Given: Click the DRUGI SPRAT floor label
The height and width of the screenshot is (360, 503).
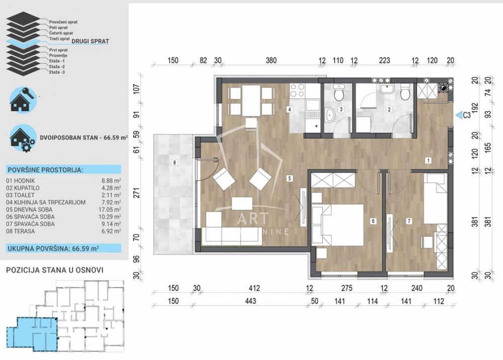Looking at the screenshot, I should (90, 41).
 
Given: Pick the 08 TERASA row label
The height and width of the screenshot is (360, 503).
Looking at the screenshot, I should (23, 231).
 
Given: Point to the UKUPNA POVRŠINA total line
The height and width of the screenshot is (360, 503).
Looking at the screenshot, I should (53, 248).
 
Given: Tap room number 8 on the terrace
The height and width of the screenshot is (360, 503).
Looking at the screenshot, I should (174, 162).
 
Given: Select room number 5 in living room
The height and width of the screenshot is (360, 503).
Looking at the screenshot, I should (290, 178).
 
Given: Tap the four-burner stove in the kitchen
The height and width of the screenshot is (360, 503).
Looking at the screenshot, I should (298, 91).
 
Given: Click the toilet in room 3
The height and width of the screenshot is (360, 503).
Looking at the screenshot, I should (339, 94).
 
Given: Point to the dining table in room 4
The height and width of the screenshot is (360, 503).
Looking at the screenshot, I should (251, 101).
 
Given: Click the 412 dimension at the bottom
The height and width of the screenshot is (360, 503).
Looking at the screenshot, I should (254, 289).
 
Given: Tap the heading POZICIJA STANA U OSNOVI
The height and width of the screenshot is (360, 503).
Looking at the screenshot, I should (55, 269).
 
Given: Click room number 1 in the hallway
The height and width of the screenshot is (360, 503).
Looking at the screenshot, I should (428, 161).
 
